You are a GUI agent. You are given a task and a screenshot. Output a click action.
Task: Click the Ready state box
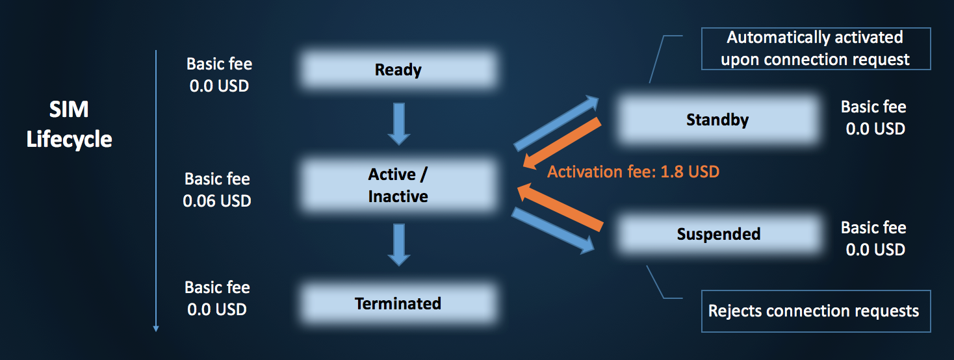(398, 70)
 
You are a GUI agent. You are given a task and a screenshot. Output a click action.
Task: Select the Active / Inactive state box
(398, 185)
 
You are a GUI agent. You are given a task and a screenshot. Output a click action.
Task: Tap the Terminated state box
(398, 303)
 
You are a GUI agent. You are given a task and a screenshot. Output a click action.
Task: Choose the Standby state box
(717, 120)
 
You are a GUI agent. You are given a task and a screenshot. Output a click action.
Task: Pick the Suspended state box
(718, 234)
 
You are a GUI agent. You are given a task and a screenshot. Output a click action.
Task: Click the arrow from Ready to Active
(398, 123)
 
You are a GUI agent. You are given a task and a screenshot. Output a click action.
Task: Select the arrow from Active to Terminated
(398, 244)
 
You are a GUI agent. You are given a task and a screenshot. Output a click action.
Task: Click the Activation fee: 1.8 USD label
(633, 172)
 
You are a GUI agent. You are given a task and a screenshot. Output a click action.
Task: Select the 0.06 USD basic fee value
(217, 201)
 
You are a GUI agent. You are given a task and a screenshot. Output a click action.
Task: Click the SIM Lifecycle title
(69, 125)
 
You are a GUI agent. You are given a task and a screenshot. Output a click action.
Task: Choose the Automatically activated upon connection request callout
(816, 48)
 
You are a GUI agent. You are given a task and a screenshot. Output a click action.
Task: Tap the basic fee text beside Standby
(874, 118)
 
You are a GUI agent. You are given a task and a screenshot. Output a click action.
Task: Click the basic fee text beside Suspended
(874, 238)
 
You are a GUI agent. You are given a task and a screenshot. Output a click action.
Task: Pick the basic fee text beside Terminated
(217, 298)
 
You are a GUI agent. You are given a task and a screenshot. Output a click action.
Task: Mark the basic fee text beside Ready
(219, 75)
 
